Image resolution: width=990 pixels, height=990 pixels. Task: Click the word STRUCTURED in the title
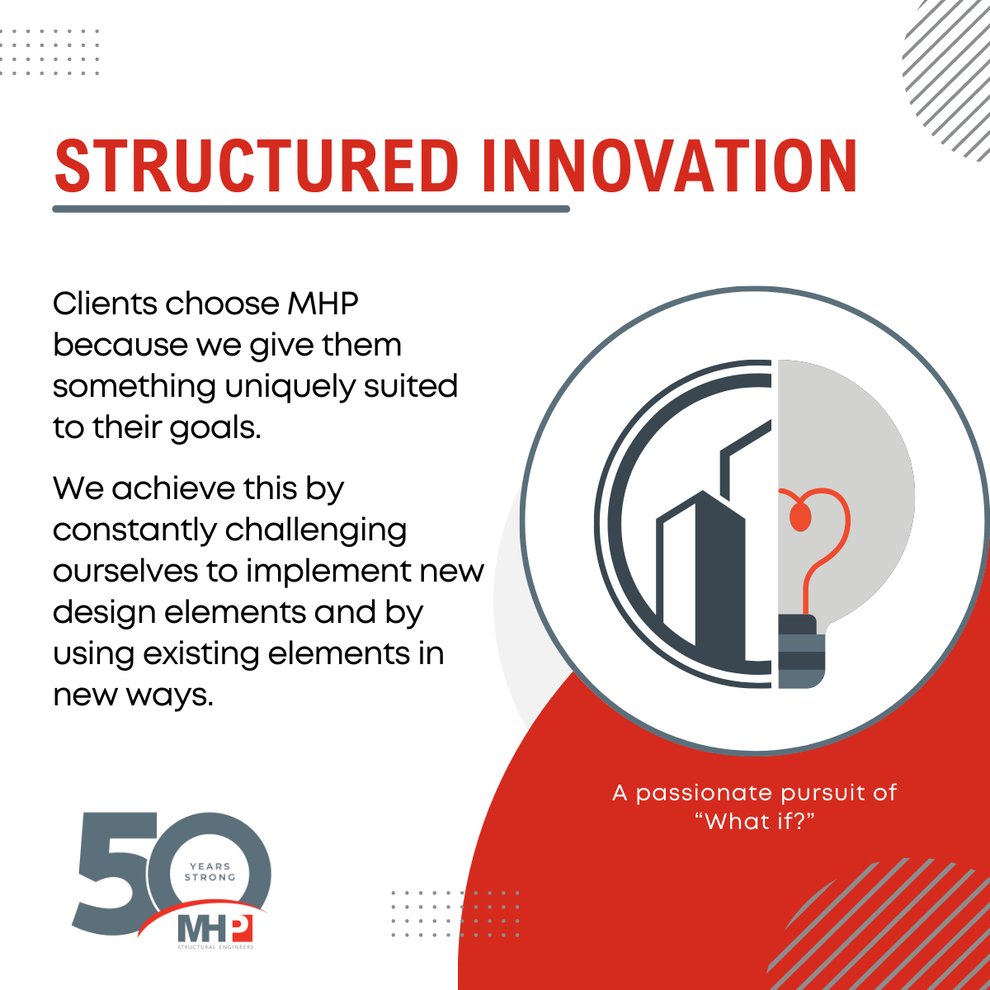pyautogui.click(x=256, y=166)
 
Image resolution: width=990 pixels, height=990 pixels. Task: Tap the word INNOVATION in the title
pyautogui.click(x=669, y=166)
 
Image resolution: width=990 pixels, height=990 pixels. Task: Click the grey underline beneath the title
pyautogui.click(x=311, y=209)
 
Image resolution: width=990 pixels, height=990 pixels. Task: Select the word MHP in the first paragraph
pyautogui.click(x=323, y=304)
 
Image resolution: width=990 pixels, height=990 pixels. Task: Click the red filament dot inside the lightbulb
pyautogui.click(x=800, y=516)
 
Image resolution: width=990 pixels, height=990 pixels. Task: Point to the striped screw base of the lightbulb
pyautogui.click(x=801, y=652)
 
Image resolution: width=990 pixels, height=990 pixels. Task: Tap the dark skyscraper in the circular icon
pyautogui.click(x=719, y=575)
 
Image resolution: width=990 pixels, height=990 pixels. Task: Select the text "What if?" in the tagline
pyautogui.click(x=755, y=822)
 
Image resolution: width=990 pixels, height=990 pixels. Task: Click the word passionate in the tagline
pyautogui.click(x=705, y=794)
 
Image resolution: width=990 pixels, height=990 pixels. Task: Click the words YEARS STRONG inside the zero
pyautogui.click(x=210, y=872)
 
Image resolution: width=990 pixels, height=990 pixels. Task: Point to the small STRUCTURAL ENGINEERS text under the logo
pyautogui.click(x=215, y=947)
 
